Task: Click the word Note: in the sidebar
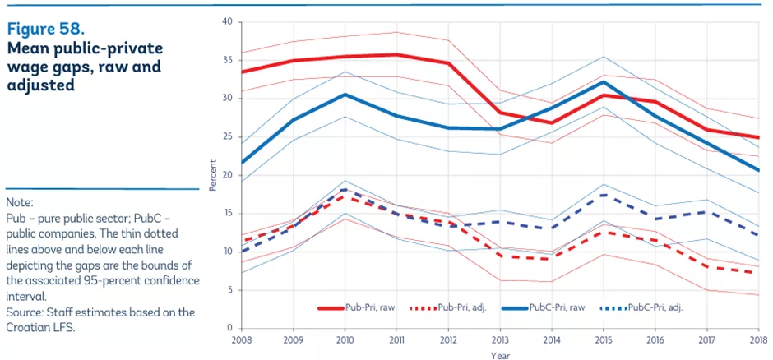tap(19, 201)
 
